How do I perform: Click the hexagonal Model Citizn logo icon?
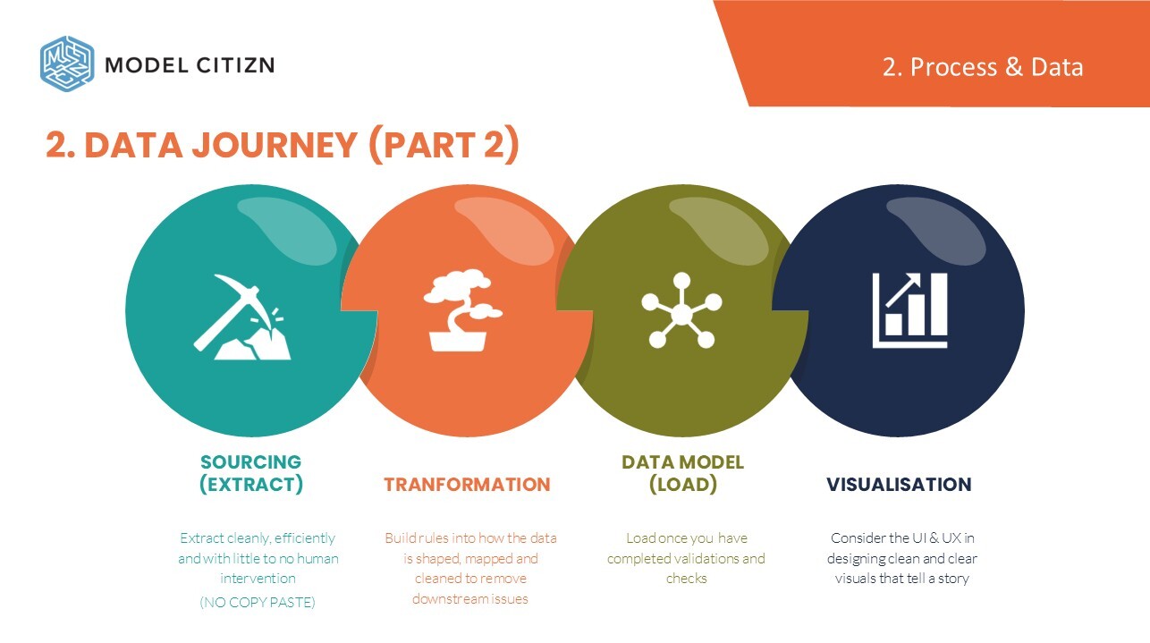[x=67, y=63]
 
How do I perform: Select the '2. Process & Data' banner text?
[x=983, y=67]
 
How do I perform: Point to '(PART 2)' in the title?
[x=444, y=145]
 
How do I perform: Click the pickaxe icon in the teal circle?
[x=241, y=317]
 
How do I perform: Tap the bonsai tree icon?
[x=462, y=310]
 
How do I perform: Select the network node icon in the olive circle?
[x=681, y=310]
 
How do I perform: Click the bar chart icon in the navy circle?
[x=909, y=310]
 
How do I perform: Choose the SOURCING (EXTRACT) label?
[x=251, y=473]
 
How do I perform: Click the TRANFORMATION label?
[x=467, y=485]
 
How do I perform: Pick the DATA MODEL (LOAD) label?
[x=683, y=473]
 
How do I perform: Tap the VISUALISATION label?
[x=899, y=485]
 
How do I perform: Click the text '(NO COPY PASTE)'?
[x=258, y=602]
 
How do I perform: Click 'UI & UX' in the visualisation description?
[x=936, y=537]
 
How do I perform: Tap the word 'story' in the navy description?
[x=953, y=579]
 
